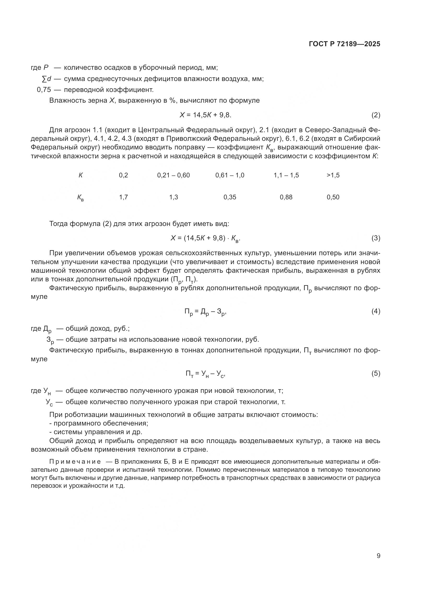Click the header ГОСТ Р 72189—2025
[345, 44]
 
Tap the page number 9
[378, 556]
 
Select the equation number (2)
[376, 115]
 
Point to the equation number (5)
[376, 374]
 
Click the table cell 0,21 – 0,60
[173, 175]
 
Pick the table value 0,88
[286, 197]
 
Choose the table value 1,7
[124, 197]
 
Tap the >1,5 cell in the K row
[333, 175]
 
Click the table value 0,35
[230, 197]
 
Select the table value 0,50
[333, 197]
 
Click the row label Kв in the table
[80, 198]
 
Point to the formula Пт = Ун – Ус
[205, 374]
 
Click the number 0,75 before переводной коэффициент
[44, 90]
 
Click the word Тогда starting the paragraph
[59, 224]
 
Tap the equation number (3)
[376, 238]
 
